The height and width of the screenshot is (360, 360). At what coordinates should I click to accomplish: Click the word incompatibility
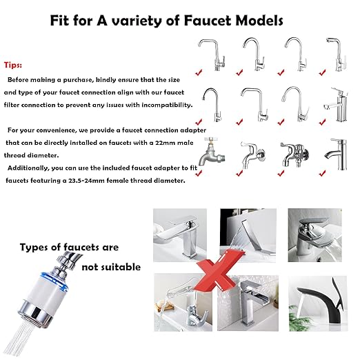point(161,105)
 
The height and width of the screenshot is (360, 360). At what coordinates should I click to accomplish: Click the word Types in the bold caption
point(34,247)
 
